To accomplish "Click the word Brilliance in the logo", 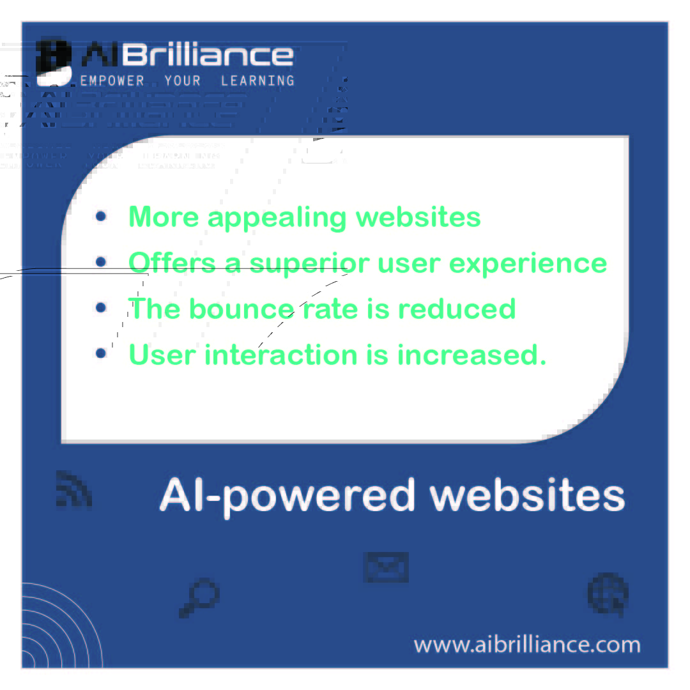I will click(208, 56).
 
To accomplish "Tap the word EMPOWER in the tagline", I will click(112, 81).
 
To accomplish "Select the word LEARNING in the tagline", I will click(257, 81).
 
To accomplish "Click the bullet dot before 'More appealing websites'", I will click(100, 217).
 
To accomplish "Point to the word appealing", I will click(277, 217).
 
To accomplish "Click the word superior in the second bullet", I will click(309, 263).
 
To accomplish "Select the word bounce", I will click(241, 309).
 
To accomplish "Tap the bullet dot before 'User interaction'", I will click(100, 353).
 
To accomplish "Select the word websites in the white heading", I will click(527, 496).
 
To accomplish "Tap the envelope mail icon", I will click(386, 567).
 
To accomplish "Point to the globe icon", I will click(608, 594).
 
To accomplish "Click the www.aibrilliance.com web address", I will click(527, 644).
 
